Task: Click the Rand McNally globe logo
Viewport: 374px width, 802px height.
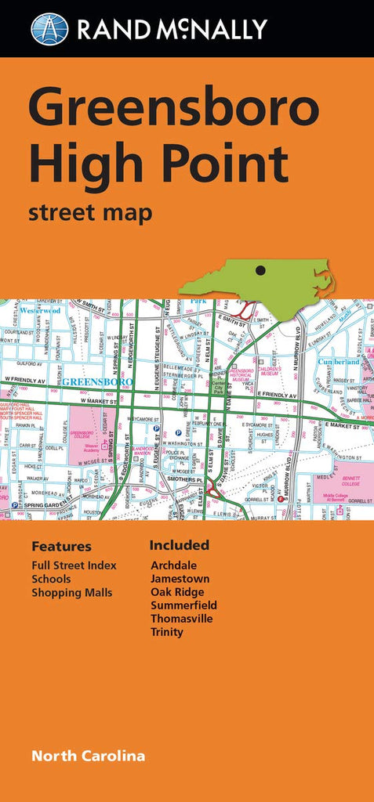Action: (49, 29)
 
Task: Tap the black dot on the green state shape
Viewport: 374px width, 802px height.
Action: (260, 270)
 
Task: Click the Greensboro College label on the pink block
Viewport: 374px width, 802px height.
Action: (82, 433)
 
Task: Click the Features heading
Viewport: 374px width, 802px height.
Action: (61, 547)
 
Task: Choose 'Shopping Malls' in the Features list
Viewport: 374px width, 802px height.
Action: (71, 593)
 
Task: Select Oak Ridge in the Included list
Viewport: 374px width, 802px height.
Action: (177, 592)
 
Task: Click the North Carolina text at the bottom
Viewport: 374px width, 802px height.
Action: (88, 756)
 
